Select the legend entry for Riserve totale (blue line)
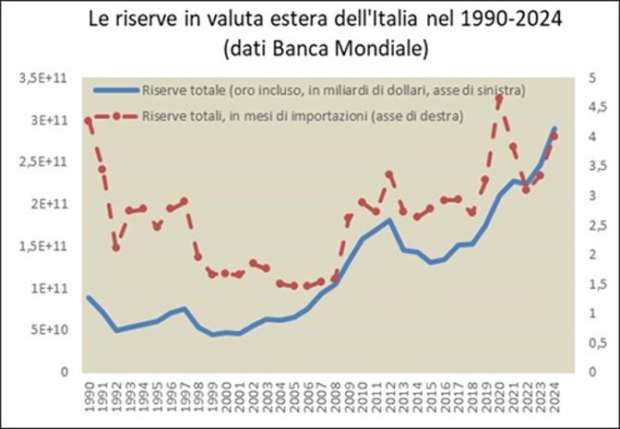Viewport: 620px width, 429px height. click(333, 90)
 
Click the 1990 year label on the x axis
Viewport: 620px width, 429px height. click(89, 396)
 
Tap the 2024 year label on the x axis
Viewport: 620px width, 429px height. click(554, 396)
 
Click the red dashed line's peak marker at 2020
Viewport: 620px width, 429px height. click(499, 99)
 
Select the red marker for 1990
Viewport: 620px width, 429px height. click(89, 120)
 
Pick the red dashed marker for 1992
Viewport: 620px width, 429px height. click(116, 247)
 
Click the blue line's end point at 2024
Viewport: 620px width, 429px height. click(554, 129)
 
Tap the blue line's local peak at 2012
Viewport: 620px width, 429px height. click(389, 220)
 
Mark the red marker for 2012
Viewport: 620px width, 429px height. click(389, 173)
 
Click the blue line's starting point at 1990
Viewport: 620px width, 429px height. click(89, 297)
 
